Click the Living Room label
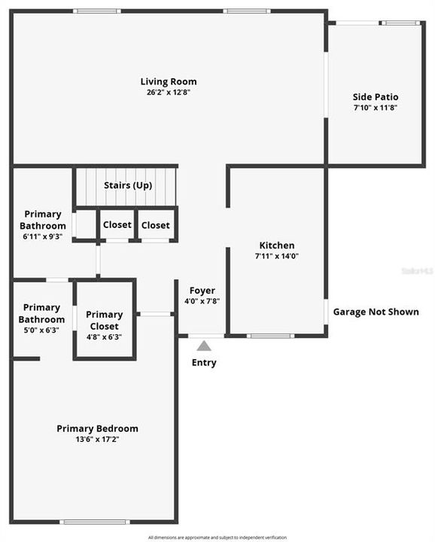click(169, 81)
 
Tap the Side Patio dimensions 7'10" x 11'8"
click(376, 108)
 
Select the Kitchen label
click(277, 245)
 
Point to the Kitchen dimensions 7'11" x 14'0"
click(277, 256)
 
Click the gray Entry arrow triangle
click(204, 346)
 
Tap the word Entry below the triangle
click(204, 363)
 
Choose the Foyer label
click(202, 291)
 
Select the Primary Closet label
click(104, 315)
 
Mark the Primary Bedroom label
click(97, 428)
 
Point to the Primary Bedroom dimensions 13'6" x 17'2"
click(97, 439)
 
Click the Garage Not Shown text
click(376, 312)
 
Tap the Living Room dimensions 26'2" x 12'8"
click(169, 92)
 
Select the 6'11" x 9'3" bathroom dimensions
click(43, 236)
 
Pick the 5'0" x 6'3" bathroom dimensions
click(41, 330)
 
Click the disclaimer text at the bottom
click(217, 537)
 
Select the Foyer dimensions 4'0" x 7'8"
click(202, 301)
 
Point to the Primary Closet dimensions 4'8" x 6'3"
click(104, 325)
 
